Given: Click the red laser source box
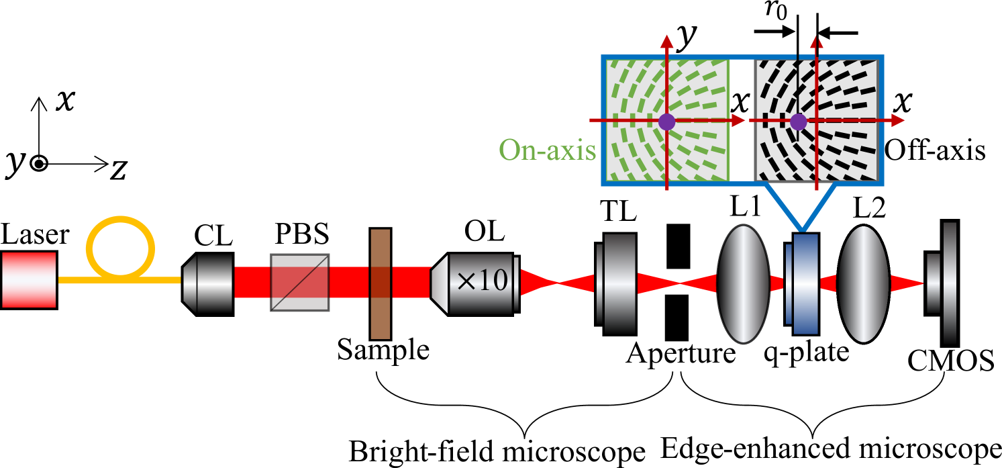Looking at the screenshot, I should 29,279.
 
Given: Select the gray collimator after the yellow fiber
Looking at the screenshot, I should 209,283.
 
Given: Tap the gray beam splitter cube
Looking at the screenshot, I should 299,282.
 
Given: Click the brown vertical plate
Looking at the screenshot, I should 381,284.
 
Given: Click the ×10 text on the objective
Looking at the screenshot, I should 481,281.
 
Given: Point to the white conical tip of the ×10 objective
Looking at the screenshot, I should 439,283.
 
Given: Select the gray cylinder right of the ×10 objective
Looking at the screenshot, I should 618,283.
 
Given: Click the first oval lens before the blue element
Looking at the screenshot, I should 743,284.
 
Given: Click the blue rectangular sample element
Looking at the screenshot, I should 805,284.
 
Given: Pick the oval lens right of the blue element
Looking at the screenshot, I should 863,284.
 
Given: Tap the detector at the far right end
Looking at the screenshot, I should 948,283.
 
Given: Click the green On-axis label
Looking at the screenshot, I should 547,150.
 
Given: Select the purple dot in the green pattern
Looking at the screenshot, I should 666,122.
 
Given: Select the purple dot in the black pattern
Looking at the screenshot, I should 798,122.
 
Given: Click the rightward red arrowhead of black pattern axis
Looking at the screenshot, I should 899,121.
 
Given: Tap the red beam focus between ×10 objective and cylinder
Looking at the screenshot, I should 556,283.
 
